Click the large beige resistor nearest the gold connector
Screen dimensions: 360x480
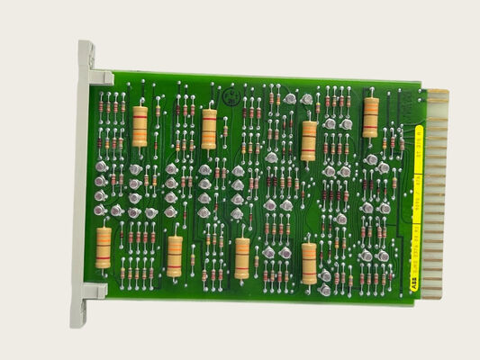[370, 118]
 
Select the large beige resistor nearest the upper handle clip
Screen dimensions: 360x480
[140, 126]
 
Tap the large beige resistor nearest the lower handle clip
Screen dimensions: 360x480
[104, 247]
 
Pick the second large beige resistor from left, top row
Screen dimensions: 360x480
[209, 129]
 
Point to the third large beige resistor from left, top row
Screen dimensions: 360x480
[308, 140]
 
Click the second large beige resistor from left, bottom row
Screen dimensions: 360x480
[174, 256]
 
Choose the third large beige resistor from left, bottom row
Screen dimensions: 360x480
[241, 257]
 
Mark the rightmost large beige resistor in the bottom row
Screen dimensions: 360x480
[309, 263]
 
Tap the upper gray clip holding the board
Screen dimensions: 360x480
[99, 77]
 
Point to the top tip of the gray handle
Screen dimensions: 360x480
[86, 45]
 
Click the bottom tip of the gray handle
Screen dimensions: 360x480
[79, 321]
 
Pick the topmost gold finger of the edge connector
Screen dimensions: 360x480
[436, 93]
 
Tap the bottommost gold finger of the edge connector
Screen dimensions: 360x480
[433, 294]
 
